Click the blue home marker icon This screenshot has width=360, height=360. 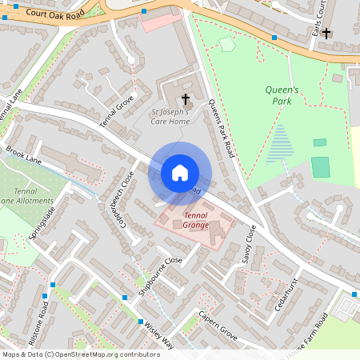(x=180, y=173)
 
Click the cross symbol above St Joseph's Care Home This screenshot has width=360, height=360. (x=186, y=99)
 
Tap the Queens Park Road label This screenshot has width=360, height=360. (x=220, y=126)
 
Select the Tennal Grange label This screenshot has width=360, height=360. (x=201, y=221)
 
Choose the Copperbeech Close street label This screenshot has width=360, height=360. (x=122, y=197)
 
